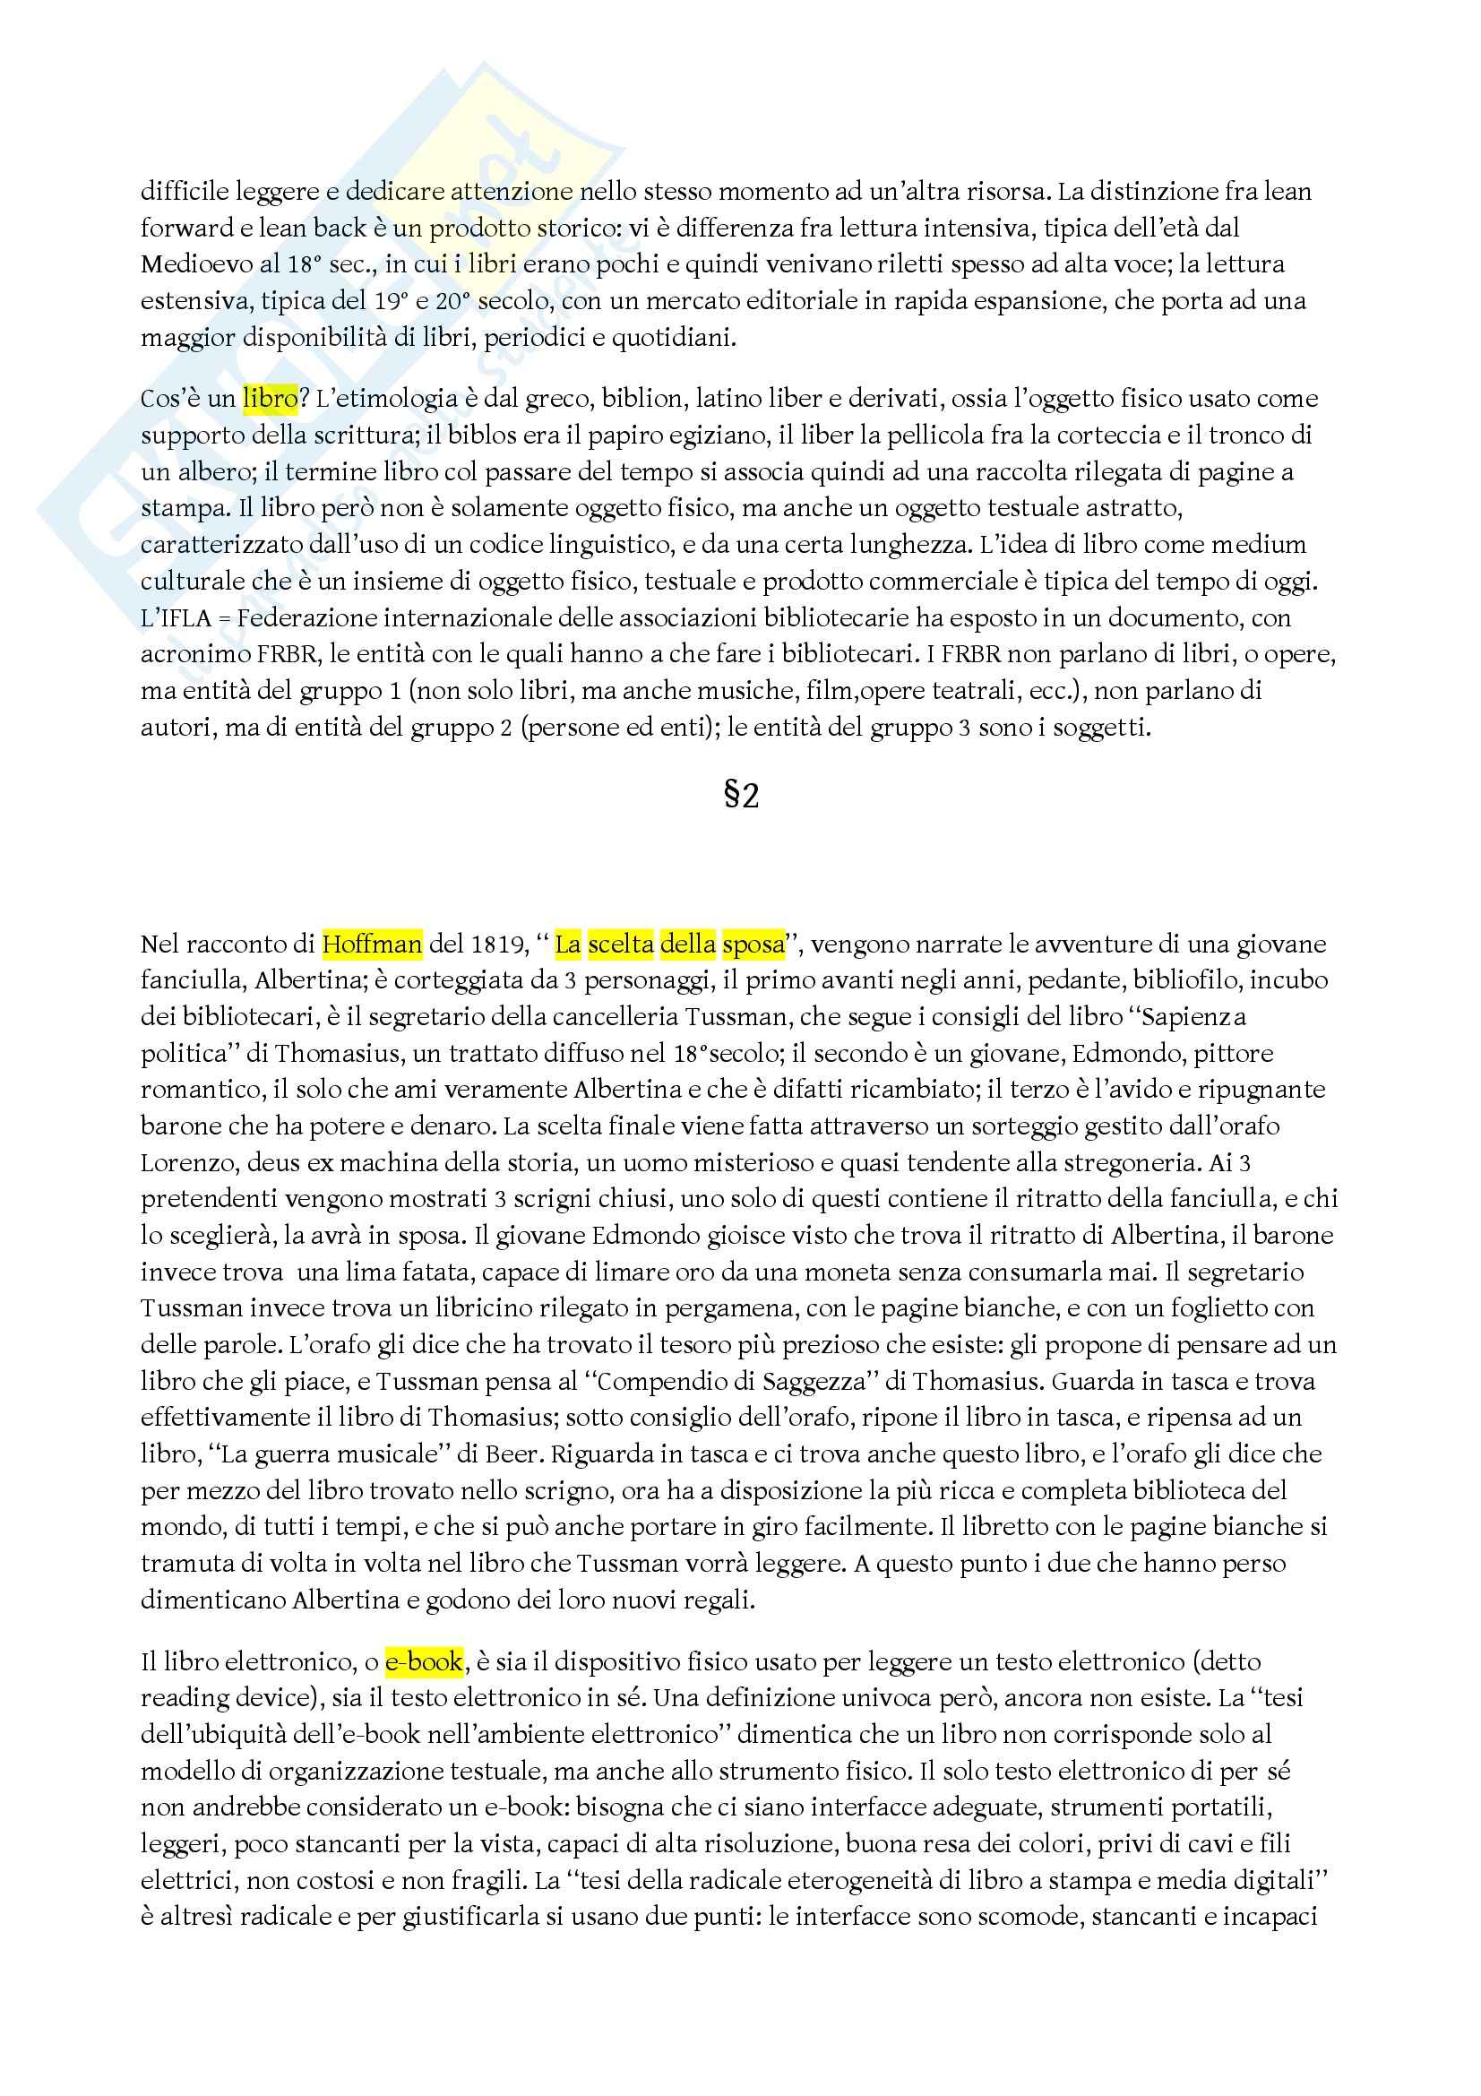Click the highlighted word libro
270,399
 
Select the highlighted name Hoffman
373,944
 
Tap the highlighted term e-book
424,1662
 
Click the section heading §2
741,796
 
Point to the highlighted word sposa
753,944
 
